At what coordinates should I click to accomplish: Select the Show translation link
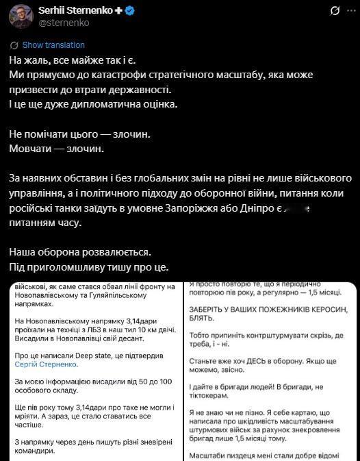pos(53,45)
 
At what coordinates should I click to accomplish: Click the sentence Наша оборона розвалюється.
pos(78,251)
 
